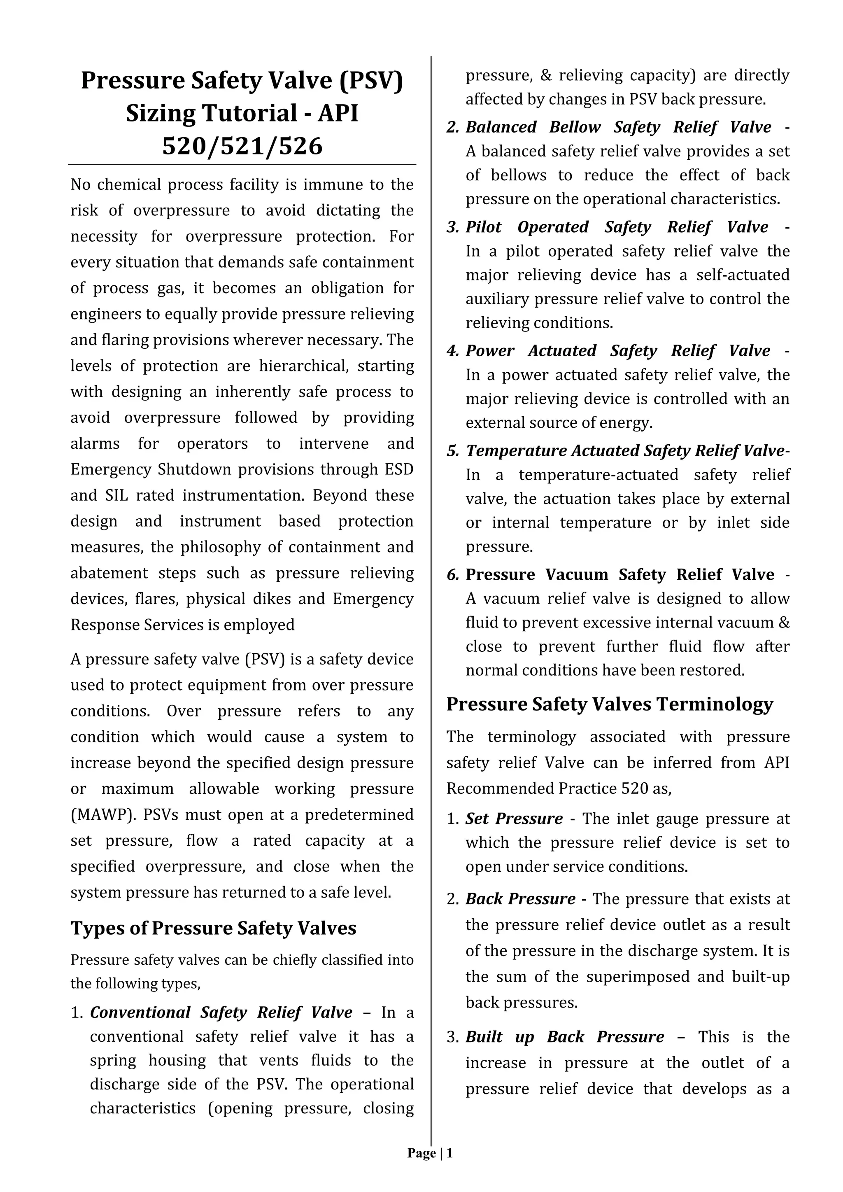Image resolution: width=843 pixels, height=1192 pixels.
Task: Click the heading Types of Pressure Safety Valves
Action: [x=213, y=928]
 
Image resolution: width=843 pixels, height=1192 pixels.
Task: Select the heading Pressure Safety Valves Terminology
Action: [x=610, y=704]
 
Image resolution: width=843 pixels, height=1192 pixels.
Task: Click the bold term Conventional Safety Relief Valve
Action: [x=221, y=1012]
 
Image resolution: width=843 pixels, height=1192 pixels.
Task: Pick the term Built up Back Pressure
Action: [x=565, y=1037]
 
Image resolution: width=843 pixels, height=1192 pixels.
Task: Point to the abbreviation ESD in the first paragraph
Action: [x=399, y=469]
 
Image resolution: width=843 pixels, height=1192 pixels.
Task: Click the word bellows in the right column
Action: [x=519, y=175]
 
